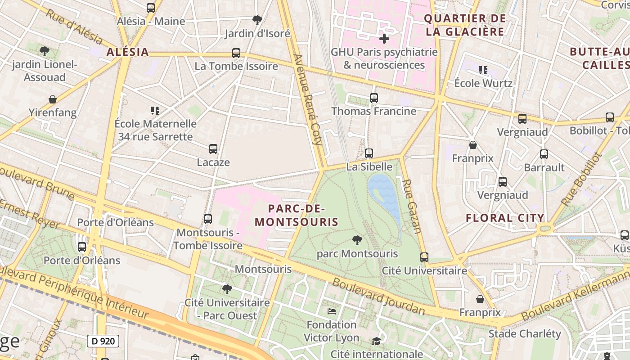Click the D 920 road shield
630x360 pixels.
click(x=103, y=341)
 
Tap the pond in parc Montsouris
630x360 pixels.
click(x=385, y=198)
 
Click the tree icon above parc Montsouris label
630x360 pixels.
click(x=357, y=240)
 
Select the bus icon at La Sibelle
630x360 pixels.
click(x=369, y=153)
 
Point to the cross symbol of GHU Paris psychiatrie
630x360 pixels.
click(x=384, y=39)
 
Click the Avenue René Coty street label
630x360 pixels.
click(x=308, y=99)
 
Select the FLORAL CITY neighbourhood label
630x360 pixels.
click(x=505, y=218)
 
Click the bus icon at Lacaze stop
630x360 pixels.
click(x=213, y=149)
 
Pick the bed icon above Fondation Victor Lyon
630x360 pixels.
click(x=332, y=311)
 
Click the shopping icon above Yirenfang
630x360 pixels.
click(x=53, y=99)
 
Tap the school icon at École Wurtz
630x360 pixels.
click(x=483, y=70)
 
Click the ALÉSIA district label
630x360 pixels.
click(x=127, y=52)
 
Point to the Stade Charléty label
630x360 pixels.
click(x=525, y=333)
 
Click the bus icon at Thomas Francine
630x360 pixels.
click(x=373, y=98)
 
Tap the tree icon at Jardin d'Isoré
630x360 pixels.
click(x=257, y=20)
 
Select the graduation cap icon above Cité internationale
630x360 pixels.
click(x=376, y=342)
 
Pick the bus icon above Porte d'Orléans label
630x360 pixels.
click(x=81, y=247)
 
